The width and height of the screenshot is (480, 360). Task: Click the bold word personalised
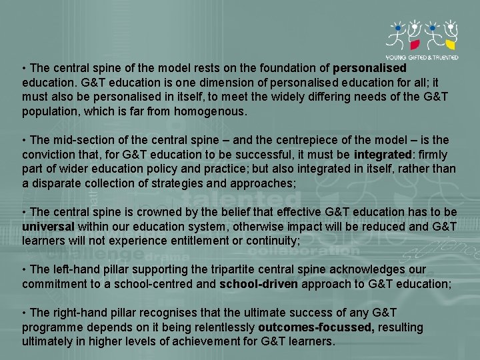point(369,68)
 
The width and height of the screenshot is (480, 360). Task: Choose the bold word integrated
point(382,155)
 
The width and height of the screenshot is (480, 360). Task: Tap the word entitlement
point(189,241)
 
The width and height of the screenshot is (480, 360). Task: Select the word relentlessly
point(223,327)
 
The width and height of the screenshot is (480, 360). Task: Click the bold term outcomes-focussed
point(315,327)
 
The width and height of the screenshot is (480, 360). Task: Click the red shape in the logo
point(414,45)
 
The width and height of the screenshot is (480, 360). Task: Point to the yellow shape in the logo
point(451,45)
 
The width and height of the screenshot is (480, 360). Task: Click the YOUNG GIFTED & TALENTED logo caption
point(423,57)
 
